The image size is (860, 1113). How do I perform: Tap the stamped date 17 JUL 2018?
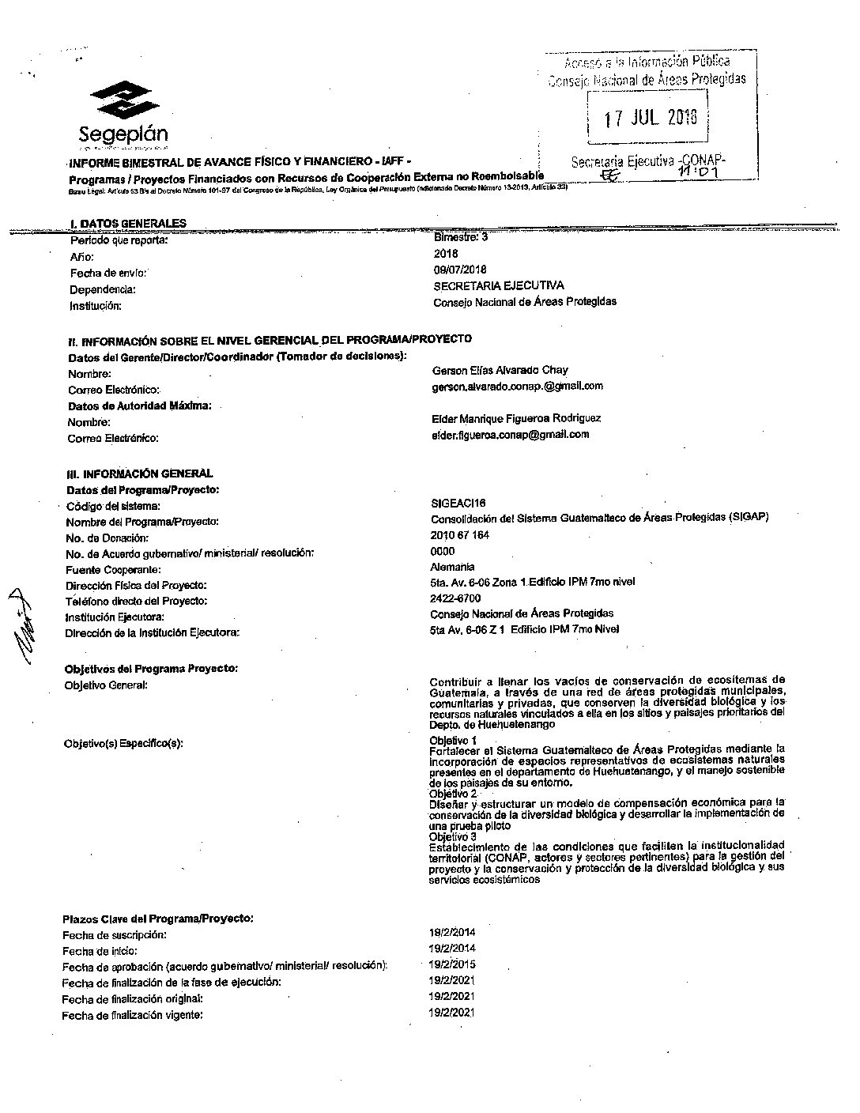[651, 119]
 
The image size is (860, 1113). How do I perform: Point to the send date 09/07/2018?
[460, 270]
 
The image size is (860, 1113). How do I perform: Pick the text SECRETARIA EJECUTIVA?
[499, 285]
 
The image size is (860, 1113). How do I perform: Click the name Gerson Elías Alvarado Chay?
[500, 370]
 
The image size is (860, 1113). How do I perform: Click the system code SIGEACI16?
[458, 503]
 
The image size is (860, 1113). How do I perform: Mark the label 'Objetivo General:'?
[106, 685]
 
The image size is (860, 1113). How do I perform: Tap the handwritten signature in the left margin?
[25, 625]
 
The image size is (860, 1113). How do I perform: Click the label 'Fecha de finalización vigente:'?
[132, 1015]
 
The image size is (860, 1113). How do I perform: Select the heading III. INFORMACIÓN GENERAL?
[140, 473]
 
